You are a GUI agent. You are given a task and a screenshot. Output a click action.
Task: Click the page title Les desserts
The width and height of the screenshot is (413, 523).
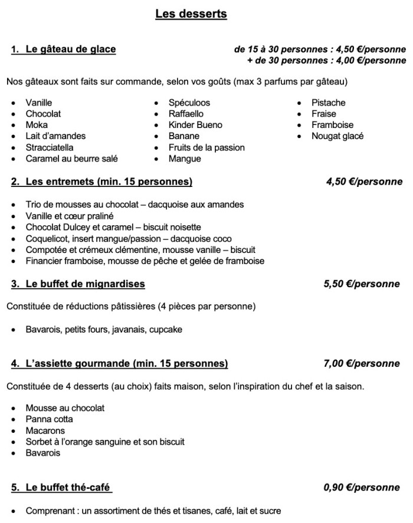tap(191, 14)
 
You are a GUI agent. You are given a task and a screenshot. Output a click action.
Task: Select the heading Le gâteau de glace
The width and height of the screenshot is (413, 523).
tap(70, 50)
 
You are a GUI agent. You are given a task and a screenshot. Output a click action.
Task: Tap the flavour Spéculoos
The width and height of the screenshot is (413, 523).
tap(189, 103)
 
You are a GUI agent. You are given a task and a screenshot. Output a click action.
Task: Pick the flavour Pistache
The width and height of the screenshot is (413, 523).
tap(328, 103)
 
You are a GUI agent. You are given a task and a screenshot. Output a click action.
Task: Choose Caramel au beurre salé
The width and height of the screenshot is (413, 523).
tap(72, 159)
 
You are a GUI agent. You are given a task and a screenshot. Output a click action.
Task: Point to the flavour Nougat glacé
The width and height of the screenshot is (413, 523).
tap(337, 136)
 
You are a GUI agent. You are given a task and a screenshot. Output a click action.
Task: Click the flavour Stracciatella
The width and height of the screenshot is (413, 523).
tap(52, 147)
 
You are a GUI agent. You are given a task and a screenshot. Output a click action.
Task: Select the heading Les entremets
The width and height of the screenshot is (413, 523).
tap(109, 182)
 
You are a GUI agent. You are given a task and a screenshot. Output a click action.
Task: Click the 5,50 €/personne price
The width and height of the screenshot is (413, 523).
tap(362, 284)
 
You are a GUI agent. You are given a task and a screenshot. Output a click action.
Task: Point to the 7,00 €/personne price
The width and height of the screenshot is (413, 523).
tap(362, 364)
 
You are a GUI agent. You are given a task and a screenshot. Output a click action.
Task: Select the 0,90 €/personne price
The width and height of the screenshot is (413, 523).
tap(362, 488)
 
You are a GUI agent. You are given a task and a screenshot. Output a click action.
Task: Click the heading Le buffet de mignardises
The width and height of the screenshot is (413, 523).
tap(85, 284)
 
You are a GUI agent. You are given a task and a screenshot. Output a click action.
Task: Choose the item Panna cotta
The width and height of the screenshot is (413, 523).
tap(50, 419)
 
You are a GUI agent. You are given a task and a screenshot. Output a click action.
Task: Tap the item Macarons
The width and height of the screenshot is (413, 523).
tap(45, 431)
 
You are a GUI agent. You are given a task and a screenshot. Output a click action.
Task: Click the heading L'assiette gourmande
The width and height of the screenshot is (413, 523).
tap(126, 364)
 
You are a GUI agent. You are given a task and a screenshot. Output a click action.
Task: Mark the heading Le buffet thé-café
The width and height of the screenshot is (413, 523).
tap(68, 488)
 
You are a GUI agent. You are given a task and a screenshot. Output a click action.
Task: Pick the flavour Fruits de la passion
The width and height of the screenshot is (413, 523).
tap(206, 147)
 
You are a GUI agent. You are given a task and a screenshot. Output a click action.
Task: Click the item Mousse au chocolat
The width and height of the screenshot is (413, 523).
tap(65, 408)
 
